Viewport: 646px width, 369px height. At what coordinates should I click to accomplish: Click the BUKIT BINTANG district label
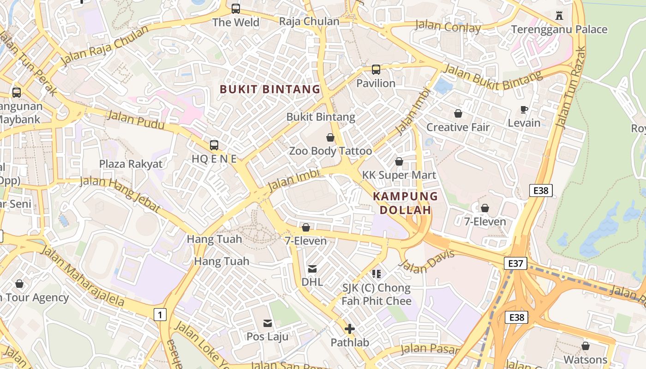pyautogui.click(x=270, y=89)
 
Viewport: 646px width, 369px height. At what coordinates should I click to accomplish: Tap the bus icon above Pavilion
pyautogui.click(x=376, y=70)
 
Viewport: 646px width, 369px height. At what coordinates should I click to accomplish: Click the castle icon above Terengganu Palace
pyautogui.click(x=559, y=15)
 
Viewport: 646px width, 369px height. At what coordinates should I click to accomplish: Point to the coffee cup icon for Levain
pyautogui.click(x=524, y=109)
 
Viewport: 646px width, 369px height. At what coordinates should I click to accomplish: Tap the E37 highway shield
pyautogui.click(x=515, y=263)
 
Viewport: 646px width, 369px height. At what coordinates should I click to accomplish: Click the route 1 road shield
pyautogui.click(x=160, y=315)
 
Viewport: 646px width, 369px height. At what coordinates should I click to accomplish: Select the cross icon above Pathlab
pyautogui.click(x=350, y=329)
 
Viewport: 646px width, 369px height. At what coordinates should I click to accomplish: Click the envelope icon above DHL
pyautogui.click(x=312, y=268)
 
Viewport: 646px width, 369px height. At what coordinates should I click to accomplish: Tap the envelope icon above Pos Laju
pyautogui.click(x=268, y=323)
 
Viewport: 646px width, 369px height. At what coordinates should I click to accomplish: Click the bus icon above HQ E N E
pyautogui.click(x=214, y=145)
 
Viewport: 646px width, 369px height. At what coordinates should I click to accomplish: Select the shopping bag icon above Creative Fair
pyautogui.click(x=458, y=113)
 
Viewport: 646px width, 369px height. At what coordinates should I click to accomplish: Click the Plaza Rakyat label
pyautogui.click(x=131, y=164)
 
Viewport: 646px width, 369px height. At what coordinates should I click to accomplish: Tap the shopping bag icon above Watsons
pyautogui.click(x=586, y=346)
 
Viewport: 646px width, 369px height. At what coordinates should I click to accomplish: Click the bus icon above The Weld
pyautogui.click(x=236, y=8)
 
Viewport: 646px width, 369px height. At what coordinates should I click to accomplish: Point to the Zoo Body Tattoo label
pyautogui.click(x=330, y=151)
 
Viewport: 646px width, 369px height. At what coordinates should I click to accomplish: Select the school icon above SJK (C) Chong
pyautogui.click(x=377, y=274)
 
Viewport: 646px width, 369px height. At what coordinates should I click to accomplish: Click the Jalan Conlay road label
pyautogui.click(x=448, y=26)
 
